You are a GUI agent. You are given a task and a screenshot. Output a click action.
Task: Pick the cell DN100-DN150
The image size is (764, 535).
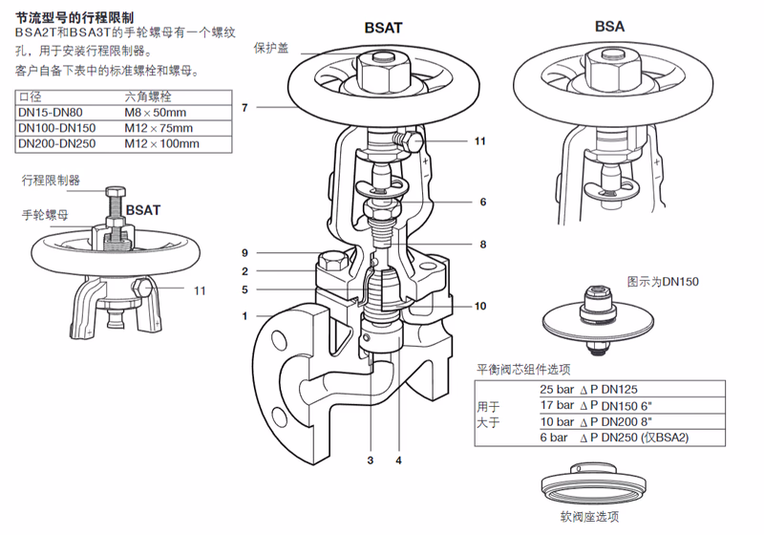(57, 128)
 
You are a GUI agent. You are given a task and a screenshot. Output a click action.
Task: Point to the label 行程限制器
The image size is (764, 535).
(51, 180)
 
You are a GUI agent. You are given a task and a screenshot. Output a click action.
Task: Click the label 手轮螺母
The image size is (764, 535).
(44, 215)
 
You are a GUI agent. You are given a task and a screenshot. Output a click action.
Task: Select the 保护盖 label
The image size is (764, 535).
(271, 47)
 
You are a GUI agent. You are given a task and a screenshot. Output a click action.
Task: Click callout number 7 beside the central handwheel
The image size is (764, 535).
(244, 108)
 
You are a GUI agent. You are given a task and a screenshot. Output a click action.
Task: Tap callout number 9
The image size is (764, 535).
(244, 253)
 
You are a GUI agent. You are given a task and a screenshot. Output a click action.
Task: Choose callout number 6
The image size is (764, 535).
(483, 202)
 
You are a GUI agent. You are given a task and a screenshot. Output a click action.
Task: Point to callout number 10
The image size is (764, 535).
(481, 306)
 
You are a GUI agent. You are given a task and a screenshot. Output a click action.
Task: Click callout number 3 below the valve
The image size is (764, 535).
(370, 460)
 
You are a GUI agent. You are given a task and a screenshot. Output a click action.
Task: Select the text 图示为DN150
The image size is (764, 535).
(663, 282)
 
